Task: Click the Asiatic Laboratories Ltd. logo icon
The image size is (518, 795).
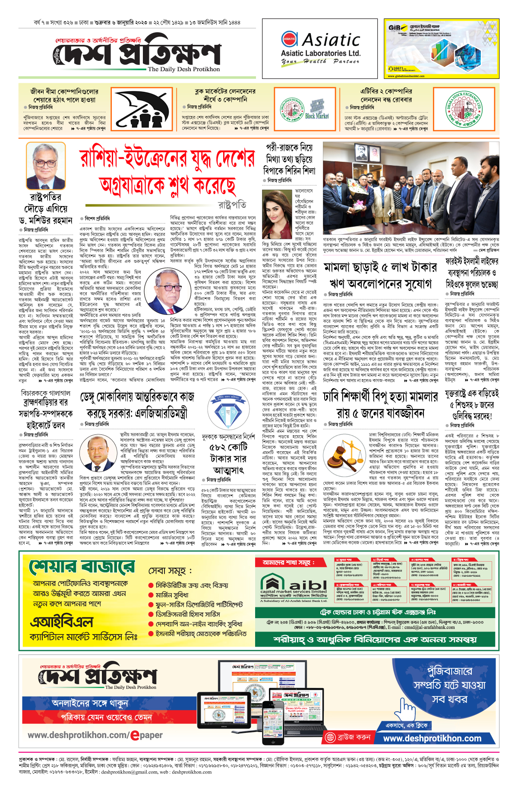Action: [x=289, y=39]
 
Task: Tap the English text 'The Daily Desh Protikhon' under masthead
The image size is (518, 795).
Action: [x=183, y=69]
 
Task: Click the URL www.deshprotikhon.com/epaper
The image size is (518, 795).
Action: [x=95, y=735]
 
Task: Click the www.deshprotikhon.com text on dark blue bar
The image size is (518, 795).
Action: [x=432, y=738]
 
